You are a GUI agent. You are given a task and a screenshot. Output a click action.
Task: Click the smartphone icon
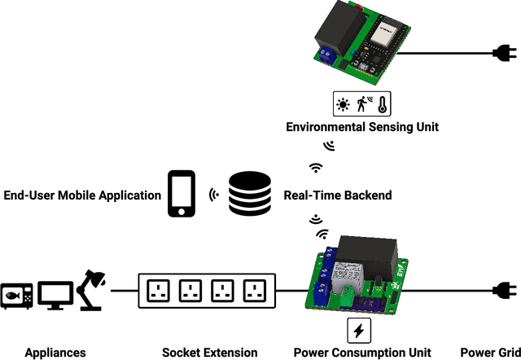coord(181,194)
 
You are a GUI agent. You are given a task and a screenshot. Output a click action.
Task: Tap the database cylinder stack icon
coord(249,194)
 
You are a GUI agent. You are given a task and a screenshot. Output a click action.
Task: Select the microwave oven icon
coord(17,296)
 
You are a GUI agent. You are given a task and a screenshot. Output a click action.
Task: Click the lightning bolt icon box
coord(359,330)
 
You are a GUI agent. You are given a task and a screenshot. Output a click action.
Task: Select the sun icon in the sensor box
coord(344,104)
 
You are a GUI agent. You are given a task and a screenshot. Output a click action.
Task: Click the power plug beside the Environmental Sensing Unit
coord(501,55)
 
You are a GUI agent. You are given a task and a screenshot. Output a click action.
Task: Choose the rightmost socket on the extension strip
coord(255,291)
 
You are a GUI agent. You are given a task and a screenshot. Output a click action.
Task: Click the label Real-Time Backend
coord(337,195)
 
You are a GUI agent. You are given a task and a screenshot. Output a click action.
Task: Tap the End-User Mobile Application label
coord(82,195)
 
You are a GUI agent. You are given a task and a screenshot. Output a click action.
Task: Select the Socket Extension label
coord(209,353)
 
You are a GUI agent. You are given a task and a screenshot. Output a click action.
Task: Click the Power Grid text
coord(489,353)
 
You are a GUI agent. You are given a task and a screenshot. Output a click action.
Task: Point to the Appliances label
coord(55,353)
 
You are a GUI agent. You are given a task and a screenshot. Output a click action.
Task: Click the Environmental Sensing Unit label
coord(361,127)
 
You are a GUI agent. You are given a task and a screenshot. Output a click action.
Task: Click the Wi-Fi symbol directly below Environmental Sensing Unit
coord(316,167)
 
